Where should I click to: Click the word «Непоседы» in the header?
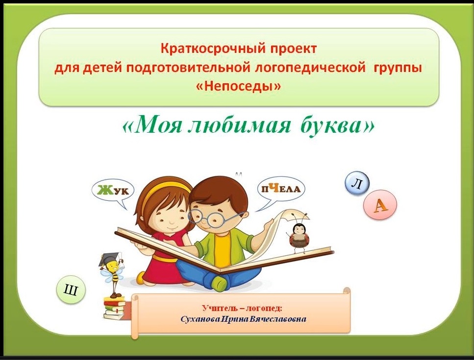[239, 86]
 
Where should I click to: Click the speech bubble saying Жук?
[113, 192]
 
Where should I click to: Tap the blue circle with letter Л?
[357, 183]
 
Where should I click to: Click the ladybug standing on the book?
[298, 234]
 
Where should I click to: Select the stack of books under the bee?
[114, 308]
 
